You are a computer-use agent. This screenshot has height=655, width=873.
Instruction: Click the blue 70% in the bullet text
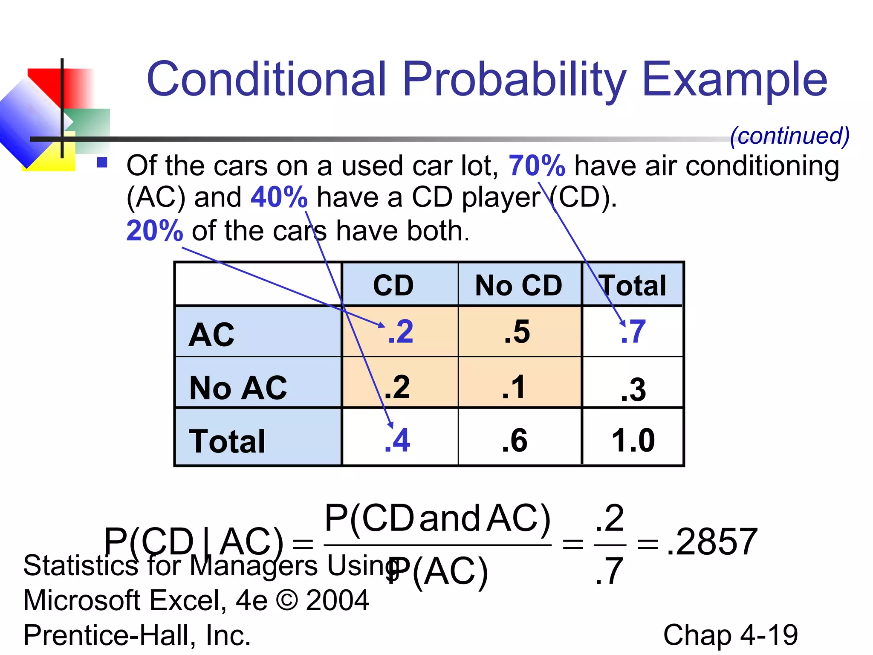[537, 165]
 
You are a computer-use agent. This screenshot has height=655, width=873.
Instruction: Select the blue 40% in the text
[279, 197]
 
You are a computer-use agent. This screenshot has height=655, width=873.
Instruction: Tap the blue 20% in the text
[155, 231]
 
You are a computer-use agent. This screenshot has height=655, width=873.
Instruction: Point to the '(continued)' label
[789, 136]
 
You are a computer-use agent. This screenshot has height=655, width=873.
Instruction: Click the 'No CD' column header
[519, 285]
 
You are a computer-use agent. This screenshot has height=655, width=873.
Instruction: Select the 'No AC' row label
[238, 388]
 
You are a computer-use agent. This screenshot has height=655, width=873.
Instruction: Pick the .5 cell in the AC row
[517, 332]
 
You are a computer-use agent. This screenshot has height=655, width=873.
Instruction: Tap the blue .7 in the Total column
[633, 332]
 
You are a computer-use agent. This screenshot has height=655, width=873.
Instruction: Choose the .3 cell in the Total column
[633, 389]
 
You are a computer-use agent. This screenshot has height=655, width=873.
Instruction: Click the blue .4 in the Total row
[397, 440]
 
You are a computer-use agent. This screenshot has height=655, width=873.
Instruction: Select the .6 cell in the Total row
[515, 440]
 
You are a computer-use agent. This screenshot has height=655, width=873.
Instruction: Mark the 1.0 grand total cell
[633, 440]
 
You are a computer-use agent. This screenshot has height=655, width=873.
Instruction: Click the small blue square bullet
[102, 162]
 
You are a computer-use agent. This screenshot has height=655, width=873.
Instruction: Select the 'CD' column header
[393, 285]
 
